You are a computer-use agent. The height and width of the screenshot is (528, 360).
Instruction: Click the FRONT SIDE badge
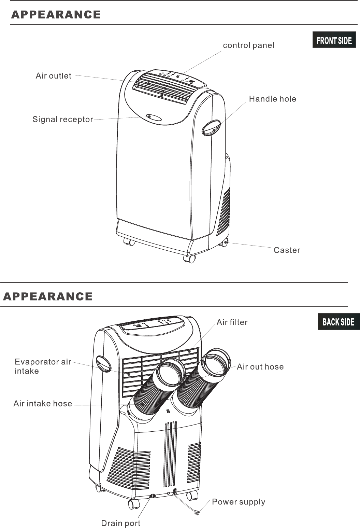point(334,40)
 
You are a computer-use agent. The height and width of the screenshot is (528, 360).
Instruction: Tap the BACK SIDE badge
point(339,322)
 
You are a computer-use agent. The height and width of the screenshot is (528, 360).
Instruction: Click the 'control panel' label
point(249,45)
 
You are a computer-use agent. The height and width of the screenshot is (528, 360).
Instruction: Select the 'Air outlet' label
point(54,76)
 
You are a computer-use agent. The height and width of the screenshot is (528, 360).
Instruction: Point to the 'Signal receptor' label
point(63,120)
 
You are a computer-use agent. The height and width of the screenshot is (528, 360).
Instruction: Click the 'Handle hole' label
point(272,99)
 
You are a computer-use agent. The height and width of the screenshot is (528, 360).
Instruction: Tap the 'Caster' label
point(287,250)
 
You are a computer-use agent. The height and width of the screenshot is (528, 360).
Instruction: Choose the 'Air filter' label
point(232,322)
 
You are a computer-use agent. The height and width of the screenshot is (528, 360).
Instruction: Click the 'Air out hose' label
point(260,367)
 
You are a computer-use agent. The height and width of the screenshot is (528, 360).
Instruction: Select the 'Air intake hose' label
point(43,404)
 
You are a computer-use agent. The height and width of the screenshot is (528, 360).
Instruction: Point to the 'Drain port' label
point(121,523)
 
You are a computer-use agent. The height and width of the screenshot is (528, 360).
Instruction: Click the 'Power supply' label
point(239,502)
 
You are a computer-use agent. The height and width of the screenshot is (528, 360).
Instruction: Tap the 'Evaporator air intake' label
point(43,366)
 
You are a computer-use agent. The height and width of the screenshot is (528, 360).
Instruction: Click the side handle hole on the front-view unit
point(211,128)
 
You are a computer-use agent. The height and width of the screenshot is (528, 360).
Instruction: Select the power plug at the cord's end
point(197,513)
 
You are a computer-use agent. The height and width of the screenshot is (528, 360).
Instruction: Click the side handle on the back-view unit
point(103,364)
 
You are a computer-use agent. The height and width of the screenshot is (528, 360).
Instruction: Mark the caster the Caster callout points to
point(224,242)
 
